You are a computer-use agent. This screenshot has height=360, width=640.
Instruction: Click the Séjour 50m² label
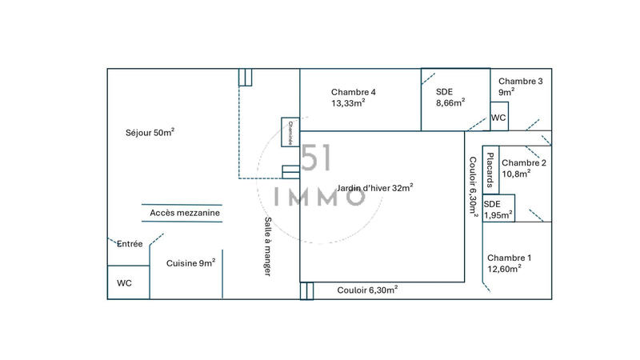coord(150,132)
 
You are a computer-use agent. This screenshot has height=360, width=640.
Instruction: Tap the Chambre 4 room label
coord(353,92)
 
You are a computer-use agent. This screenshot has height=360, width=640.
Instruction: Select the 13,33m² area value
coord(348,103)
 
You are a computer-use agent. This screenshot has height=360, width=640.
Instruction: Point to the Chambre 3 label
coord(520,82)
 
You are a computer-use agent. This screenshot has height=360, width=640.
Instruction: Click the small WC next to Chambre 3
coord(498,118)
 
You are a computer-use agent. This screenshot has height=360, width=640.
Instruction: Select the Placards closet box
coord(491,169)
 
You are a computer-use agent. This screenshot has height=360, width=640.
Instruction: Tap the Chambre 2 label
coord(524,163)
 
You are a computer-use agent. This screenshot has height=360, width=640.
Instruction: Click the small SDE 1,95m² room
coord(498,208)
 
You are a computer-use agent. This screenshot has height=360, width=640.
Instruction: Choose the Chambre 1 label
coord(509,258)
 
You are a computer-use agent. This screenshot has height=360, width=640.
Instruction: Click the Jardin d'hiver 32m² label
coord(375,188)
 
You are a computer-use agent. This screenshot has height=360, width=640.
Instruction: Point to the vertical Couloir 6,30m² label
coord(472,186)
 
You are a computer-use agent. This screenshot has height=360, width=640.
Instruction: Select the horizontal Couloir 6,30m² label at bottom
coord(367,290)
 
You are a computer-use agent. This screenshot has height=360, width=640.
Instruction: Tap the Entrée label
coord(130,244)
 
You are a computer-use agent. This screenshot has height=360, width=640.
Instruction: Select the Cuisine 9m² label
coord(190,262)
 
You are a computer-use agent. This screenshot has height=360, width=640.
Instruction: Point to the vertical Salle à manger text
coord(268,247)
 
